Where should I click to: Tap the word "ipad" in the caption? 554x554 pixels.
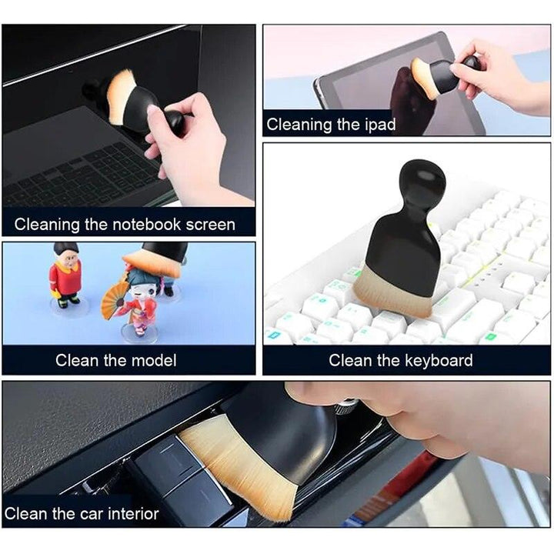pyautogui.click(x=379, y=123)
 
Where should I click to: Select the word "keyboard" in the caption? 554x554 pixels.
pyautogui.click(x=437, y=360)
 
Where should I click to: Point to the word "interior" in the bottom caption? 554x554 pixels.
pyautogui.click(x=130, y=513)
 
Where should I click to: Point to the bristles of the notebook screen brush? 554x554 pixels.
pyautogui.click(x=121, y=96)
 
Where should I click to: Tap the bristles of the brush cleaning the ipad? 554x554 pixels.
pyautogui.click(x=424, y=78)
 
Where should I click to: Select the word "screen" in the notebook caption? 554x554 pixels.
pyautogui.click(x=207, y=225)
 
